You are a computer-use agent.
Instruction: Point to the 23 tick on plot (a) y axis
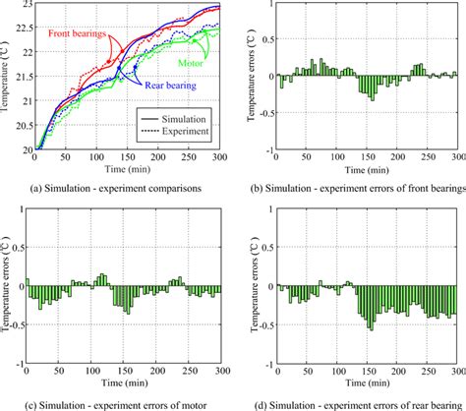25,7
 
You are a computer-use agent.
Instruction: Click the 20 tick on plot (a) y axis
25,148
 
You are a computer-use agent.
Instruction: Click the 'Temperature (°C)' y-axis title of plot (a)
8,78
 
